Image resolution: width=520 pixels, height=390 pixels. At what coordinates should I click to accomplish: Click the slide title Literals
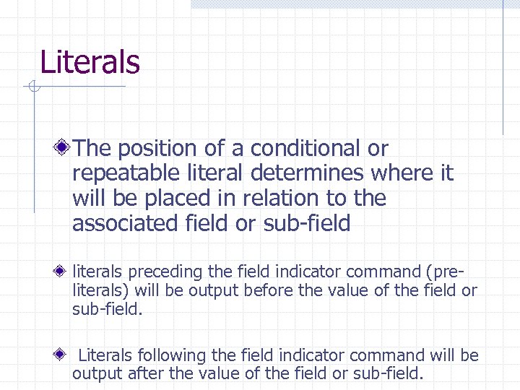(90, 62)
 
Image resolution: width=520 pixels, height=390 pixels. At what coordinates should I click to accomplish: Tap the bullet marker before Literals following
(64, 355)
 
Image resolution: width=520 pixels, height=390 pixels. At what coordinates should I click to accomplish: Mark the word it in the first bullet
(446, 173)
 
